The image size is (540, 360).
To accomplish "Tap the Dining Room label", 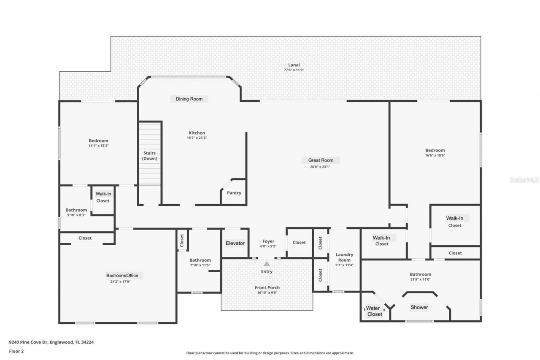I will click(189, 99).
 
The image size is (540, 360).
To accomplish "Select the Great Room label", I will click(321, 160).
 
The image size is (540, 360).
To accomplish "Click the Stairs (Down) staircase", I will click(150, 154).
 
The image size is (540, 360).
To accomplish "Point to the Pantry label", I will click(234, 193).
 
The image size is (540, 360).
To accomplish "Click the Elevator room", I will click(235, 243).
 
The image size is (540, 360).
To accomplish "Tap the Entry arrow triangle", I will click(267, 264).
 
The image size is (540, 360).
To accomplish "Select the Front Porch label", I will click(267, 287).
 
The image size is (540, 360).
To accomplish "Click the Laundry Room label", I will click(344, 257).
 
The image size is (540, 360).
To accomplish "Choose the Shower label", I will click(419, 307).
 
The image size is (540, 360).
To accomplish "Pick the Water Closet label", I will click(375, 311).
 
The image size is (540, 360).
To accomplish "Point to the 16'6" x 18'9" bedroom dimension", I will click(435, 155).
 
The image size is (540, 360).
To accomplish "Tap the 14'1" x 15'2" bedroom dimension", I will click(98, 146).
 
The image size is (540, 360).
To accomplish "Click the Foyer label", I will click(268, 241).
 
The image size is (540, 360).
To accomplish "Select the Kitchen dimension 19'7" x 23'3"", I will click(197, 138).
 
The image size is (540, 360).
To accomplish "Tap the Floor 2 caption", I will click(16, 351).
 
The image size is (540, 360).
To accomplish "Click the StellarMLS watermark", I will click(524, 180).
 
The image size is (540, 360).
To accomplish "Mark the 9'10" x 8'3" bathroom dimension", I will click(76, 215).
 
